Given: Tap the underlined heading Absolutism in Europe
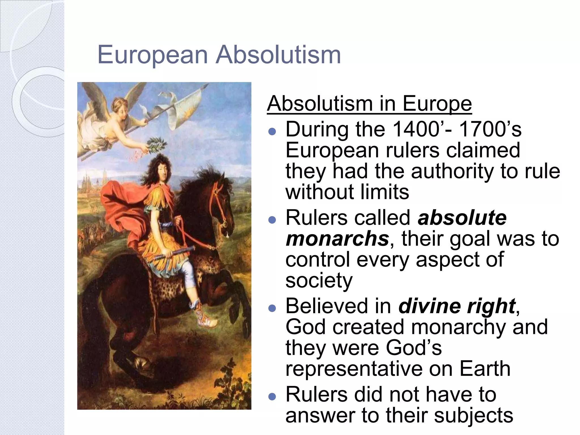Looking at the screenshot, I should click(x=369, y=104).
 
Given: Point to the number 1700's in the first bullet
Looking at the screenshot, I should click(x=490, y=129).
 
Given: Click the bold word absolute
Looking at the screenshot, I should click(x=462, y=218).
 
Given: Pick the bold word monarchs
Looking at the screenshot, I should click(x=337, y=239).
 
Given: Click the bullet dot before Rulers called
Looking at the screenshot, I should click(x=272, y=220).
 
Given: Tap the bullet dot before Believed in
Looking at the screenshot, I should click(x=272, y=308).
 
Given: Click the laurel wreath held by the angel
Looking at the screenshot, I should click(x=155, y=143).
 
